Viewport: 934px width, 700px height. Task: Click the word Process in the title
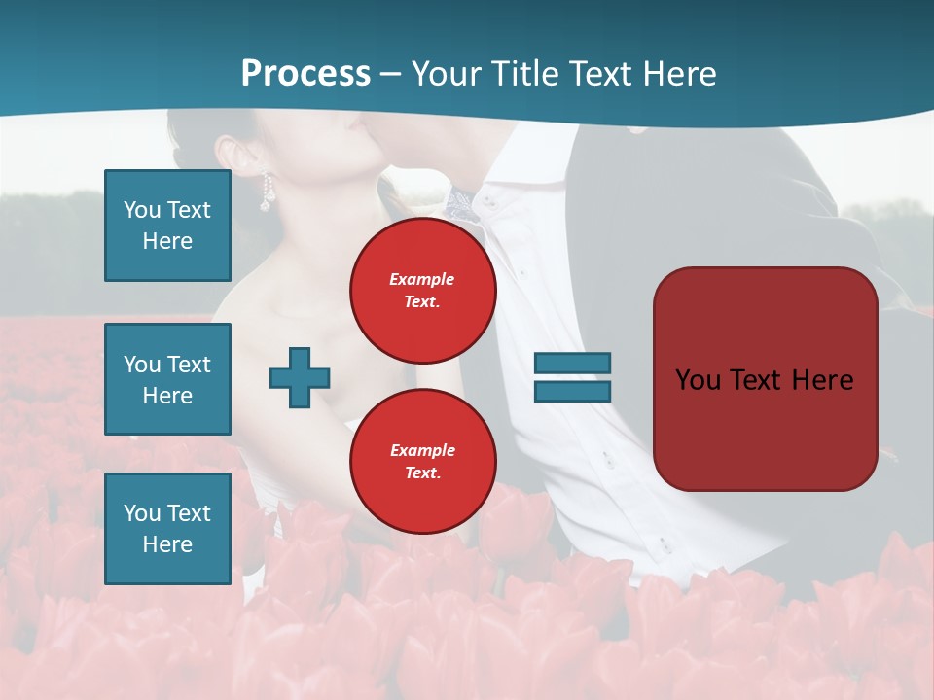[305, 73]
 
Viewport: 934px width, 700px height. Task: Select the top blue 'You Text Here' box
[167, 226]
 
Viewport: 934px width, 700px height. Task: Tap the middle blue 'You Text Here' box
[167, 379]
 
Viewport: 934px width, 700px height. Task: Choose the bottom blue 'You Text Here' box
[167, 529]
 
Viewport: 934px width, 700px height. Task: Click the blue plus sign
[300, 377]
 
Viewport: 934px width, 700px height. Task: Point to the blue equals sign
[572, 377]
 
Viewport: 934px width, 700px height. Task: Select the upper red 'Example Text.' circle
[423, 291]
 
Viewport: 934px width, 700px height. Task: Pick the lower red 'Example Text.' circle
[423, 462]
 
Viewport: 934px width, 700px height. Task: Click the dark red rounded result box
[765, 379]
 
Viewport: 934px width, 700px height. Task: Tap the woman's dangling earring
[265, 194]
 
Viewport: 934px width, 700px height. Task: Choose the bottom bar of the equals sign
[572, 391]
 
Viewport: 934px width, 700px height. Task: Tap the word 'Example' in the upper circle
[422, 279]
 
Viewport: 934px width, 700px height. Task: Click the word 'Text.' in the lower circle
[422, 473]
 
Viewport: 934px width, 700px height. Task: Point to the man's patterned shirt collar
[460, 203]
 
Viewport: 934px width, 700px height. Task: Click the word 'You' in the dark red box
[698, 379]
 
